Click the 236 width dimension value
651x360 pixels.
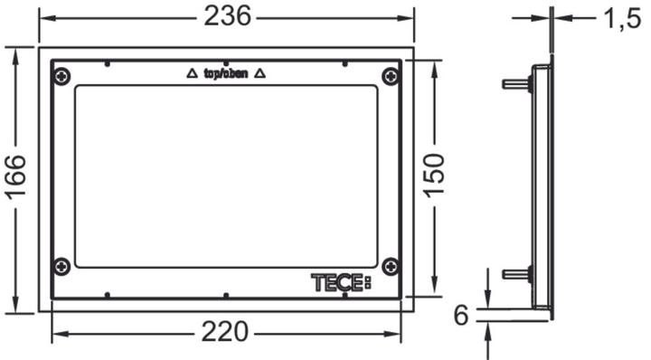click(228, 16)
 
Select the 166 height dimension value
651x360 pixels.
click(16, 177)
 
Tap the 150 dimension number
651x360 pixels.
click(434, 175)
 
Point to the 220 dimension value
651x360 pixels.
click(224, 332)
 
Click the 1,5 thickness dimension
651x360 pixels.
click(621, 19)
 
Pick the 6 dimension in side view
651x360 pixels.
click(461, 315)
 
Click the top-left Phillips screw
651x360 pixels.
click(62, 76)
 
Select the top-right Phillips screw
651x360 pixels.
click(390, 76)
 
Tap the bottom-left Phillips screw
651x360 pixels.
click(62, 266)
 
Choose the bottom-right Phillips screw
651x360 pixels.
click(390, 266)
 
